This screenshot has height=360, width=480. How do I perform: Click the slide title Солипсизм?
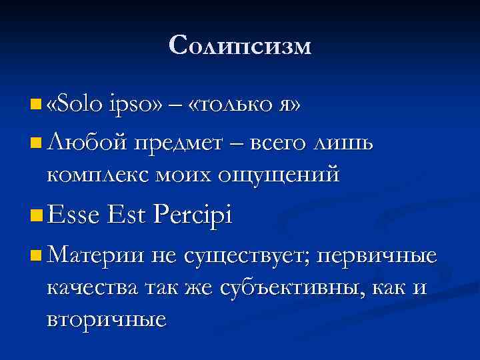pyautogui.click(x=240, y=46)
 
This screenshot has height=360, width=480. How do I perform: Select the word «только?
pyautogui.click(x=227, y=105)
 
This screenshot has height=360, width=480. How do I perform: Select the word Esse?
pyautogui.click(x=74, y=215)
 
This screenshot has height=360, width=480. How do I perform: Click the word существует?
pyautogui.click(x=243, y=256)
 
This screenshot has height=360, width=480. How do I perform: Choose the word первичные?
pyautogui.click(x=377, y=255)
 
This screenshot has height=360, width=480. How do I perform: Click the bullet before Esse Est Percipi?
pyautogui.click(x=35, y=216)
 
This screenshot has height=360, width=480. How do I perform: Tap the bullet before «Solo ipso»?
pyautogui.click(x=35, y=105)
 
